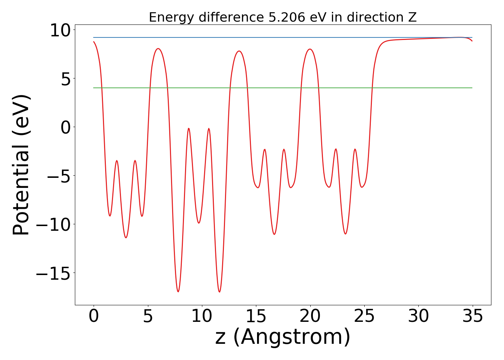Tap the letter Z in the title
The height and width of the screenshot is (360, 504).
click(412, 17)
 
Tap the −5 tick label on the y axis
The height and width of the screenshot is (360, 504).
click(59, 176)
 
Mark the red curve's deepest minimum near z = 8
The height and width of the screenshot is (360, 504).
click(178, 292)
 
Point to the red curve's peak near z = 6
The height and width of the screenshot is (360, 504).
click(158, 49)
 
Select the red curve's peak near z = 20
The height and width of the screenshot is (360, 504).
click(310, 49)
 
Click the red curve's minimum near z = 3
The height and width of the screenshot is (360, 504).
click(126, 238)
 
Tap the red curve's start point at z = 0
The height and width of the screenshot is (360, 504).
click(94, 42)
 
